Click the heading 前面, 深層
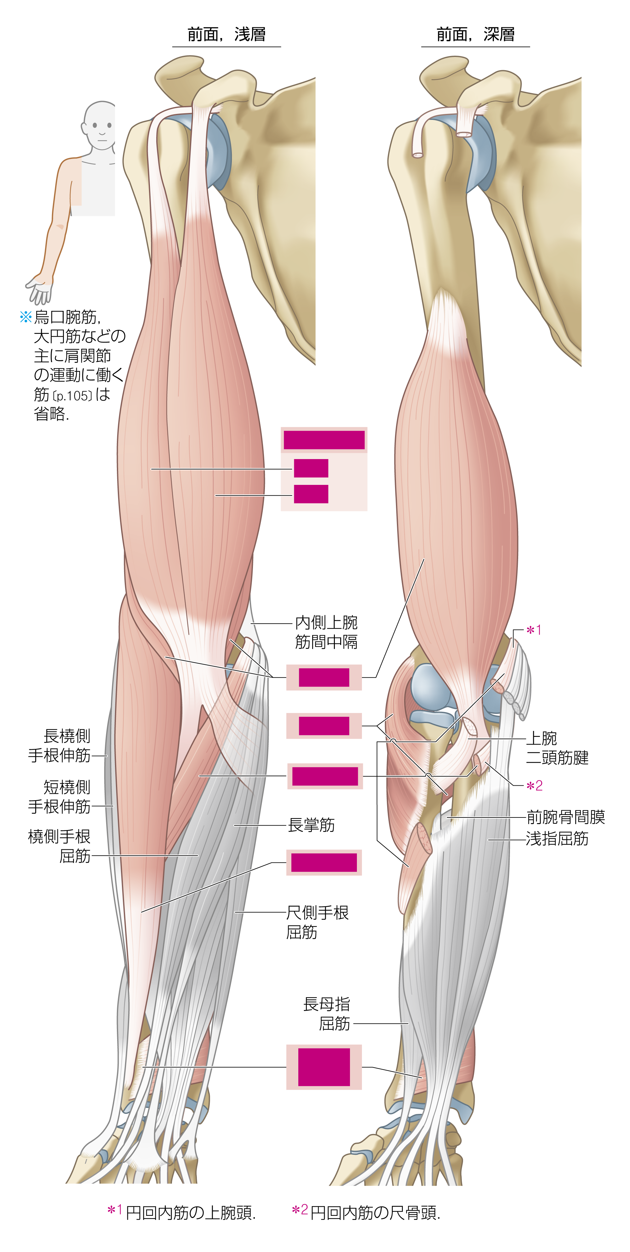(x=475, y=35)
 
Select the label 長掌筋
(x=311, y=825)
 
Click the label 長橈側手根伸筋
(x=59, y=745)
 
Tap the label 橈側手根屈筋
(x=59, y=846)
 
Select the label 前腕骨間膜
(x=566, y=817)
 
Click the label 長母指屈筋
(x=327, y=1014)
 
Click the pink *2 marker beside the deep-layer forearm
(x=535, y=786)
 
